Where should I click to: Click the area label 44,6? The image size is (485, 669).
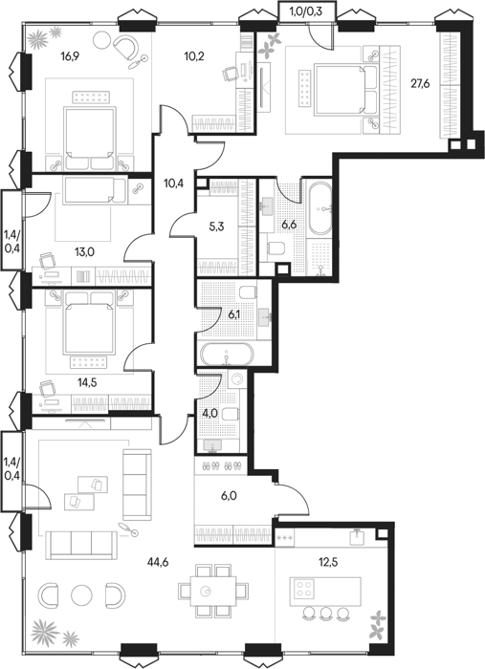coord(158,562)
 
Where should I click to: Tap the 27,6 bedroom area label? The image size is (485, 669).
coord(420,84)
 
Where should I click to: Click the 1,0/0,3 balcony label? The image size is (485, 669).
coord(306,11)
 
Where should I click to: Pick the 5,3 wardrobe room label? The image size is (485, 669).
coord(216,227)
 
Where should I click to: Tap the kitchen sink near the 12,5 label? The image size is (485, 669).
coord(358,537)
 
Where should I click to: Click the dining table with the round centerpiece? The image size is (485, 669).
coord(212,591)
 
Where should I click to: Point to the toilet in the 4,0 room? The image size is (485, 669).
coord(231,414)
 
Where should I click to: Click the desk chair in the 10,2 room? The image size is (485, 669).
coord(230,74)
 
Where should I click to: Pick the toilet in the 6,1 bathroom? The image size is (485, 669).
coord(248,292)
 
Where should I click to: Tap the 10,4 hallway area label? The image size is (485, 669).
coord(174,183)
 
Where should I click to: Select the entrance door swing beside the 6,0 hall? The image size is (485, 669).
coord(295,500)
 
